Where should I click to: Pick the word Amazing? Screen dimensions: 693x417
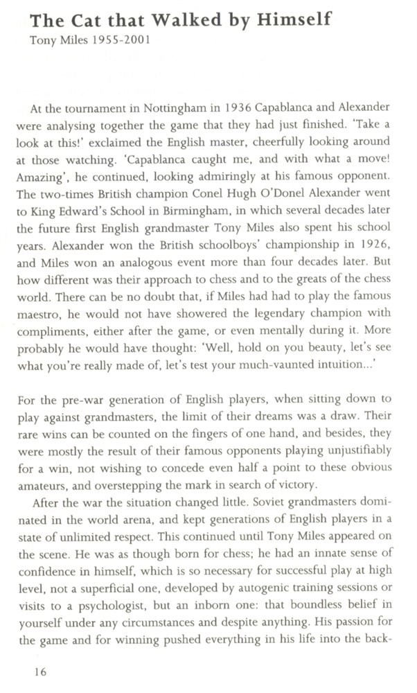click(43, 170)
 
